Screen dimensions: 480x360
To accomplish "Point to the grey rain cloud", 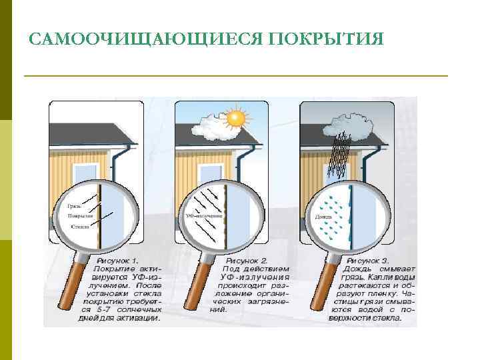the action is point(347,123).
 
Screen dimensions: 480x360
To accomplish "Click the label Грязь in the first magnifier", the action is point(75,206).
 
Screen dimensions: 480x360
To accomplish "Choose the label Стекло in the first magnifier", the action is point(79,227).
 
